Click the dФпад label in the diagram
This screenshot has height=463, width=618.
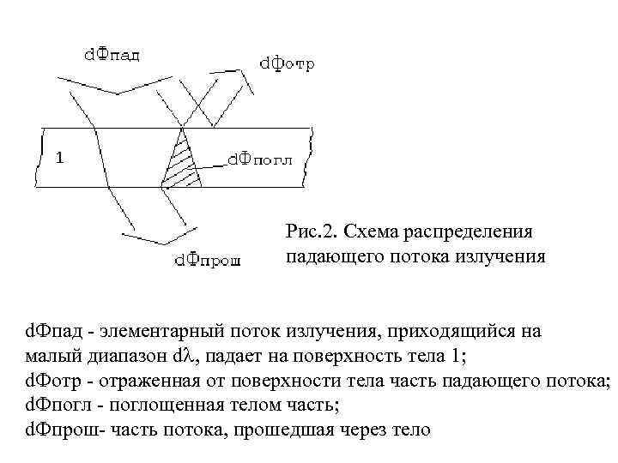point(112,54)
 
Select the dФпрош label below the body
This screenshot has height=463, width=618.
point(207,260)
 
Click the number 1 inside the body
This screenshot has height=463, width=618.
point(58,157)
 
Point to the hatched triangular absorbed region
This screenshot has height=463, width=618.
point(183,164)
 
